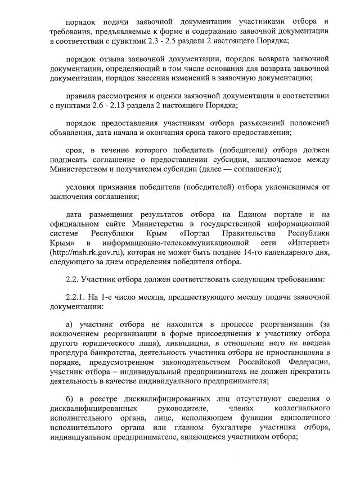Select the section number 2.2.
(73, 279)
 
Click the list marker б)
(70, 399)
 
